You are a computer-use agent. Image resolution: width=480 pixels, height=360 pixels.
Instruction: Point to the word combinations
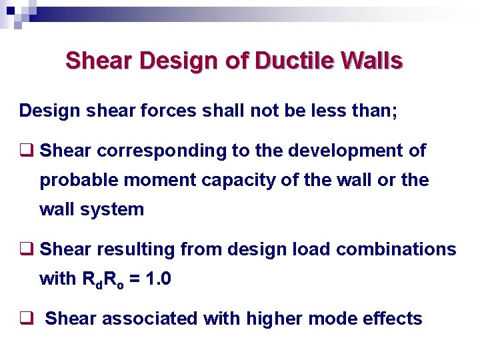click(x=397, y=249)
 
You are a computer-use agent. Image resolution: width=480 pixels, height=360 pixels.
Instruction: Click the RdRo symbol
click(x=107, y=279)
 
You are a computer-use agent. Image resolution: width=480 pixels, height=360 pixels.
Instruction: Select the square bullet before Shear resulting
click(x=27, y=250)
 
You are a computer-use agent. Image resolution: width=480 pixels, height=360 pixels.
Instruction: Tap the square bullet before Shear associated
click(x=27, y=319)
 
